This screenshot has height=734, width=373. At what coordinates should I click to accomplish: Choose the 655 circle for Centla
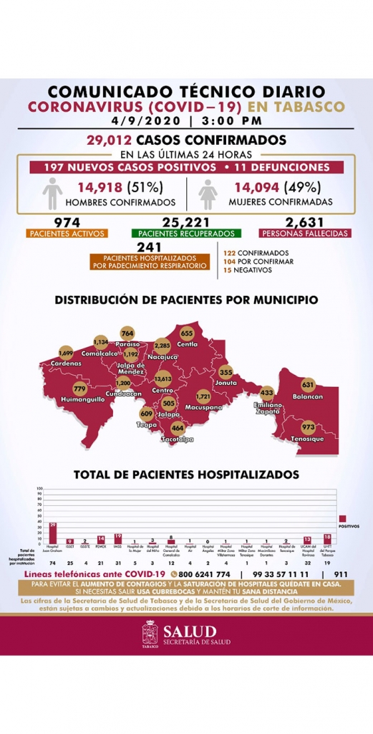point(188,334)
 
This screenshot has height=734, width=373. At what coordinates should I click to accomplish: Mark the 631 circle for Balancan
point(309,384)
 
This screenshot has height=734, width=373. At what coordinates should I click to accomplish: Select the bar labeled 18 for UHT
point(327,538)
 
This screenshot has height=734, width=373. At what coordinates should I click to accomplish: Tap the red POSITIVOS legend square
point(343,518)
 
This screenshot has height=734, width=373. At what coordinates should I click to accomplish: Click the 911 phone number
point(341,575)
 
